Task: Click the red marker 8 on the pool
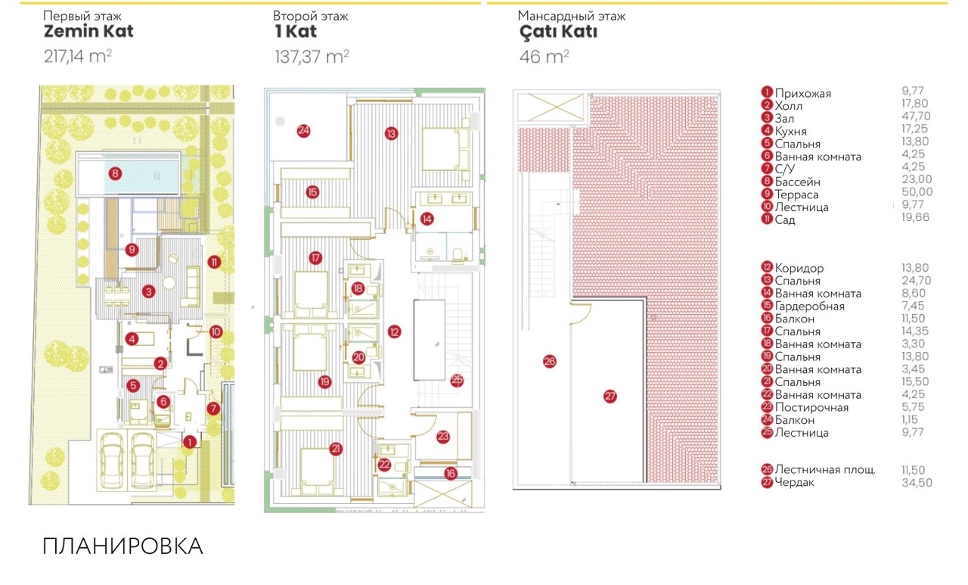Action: coord(114,173)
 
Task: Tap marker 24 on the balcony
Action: coord(303,130)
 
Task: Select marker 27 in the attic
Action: coord(610,396)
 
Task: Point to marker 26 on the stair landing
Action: coord(550,362)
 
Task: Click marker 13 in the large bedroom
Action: coord(391,133)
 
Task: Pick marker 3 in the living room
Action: coord(150,291)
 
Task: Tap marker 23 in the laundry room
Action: coord(443,435)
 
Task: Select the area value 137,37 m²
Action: coord(312,56)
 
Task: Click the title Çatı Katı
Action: coord(557,32)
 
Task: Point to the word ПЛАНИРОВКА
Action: coord(123,546)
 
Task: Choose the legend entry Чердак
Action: coord(795,483)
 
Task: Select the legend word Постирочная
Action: coord(811,408)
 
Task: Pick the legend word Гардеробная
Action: coord(809,307)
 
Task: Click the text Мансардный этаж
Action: coord(572,16)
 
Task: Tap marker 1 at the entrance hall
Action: coord(189,442)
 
